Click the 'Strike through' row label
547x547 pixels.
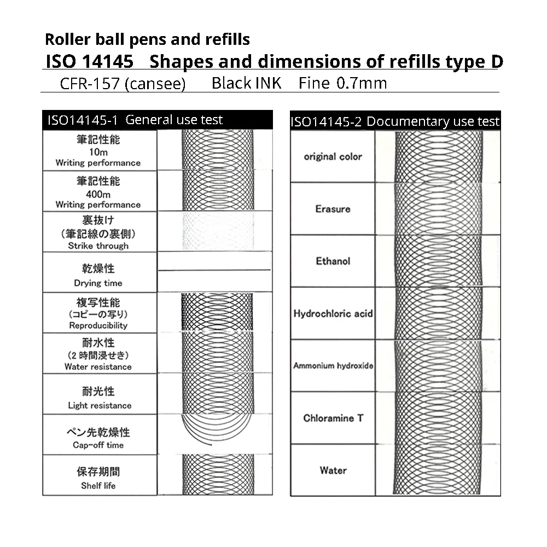point(98,246)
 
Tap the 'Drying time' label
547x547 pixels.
point(98,283)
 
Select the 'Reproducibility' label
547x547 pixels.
point(98,325)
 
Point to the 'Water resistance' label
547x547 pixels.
point(98,366)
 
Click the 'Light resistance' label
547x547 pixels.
point(100,405)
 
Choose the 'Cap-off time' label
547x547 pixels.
point(98,445)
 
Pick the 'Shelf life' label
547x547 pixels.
point(98,485)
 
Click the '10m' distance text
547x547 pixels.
point(98,152)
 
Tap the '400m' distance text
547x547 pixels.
point(98,194)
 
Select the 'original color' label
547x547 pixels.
point(333,156)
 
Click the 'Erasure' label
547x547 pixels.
point(333,209)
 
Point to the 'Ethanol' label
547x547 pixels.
point(333,261)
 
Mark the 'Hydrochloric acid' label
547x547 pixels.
point(333,313)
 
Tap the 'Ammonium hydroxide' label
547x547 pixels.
point(333,365)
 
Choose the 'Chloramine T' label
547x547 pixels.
point(333,418)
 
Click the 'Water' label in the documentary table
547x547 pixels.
point(333,470)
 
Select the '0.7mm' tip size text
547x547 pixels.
point(362,84)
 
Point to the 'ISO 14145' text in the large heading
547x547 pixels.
point(90,61)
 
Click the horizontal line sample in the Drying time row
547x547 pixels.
point(214,270)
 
